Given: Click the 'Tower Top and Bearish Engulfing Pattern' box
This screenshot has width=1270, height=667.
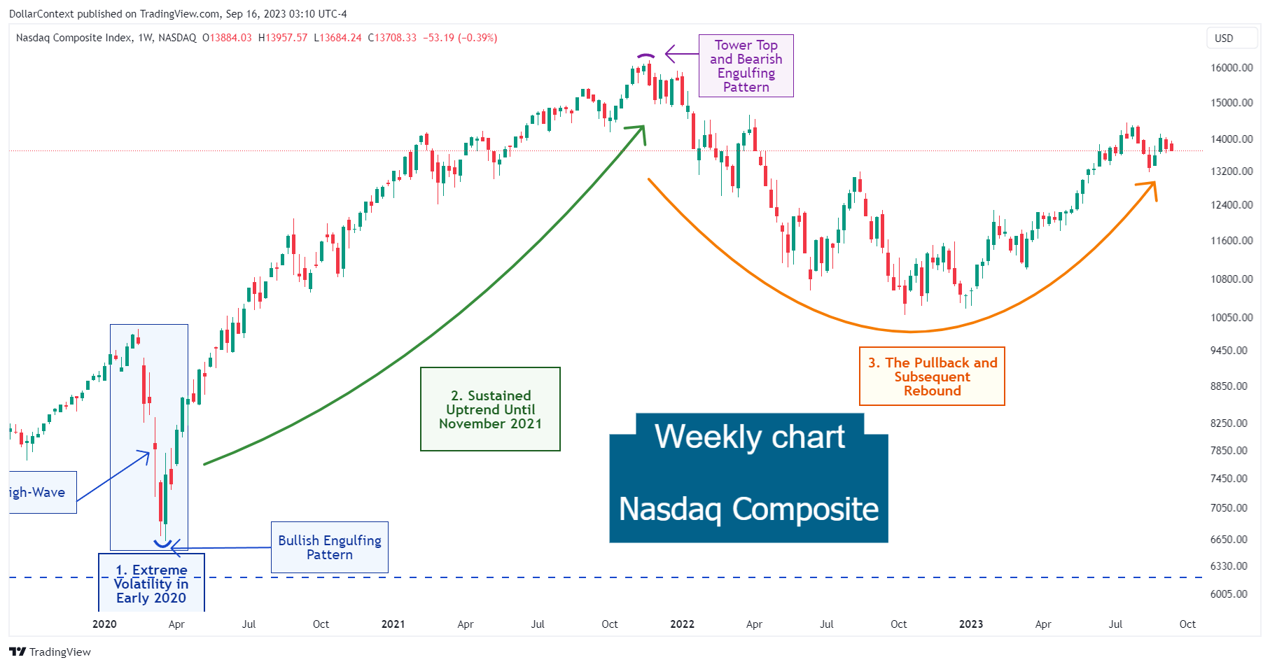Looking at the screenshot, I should pyautogui.click(x=746, y=66).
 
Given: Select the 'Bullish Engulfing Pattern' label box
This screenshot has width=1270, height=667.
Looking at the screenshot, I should pyautogui.click(x=329, y=547).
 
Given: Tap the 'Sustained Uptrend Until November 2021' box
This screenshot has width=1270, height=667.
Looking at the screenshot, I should pyautogui.click(x=490, y=409).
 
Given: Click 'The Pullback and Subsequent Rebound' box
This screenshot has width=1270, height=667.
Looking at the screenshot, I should pyautogui.click(x=932, y=377).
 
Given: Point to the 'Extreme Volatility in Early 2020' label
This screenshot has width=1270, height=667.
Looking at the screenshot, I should pyautogui.click(x=151, y=584).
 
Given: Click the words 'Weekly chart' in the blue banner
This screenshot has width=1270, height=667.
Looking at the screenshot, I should pyautogui.click(x=750, y=437).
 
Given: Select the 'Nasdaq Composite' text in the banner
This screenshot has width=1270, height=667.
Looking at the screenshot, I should pyautogui.click(x=748, y=510).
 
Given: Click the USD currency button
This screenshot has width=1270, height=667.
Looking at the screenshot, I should pyautogui.click(x=1224, y=38).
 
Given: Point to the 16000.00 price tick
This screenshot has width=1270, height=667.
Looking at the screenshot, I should pyautogui.click(x=1231, y=68).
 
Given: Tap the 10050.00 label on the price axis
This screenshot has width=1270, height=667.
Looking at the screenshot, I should pyautogui.click(x=1231, y=318).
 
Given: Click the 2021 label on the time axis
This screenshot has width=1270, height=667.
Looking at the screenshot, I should pyautogui.click(x=393, y=624).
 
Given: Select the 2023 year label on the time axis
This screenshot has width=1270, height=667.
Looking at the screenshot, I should pyautogui.click(x=970, y=624).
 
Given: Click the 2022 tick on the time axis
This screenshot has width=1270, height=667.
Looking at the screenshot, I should pyautogui.click(x=682, y=624).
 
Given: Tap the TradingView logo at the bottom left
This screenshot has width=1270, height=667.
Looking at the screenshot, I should pyautogui.click(x=50, y=652).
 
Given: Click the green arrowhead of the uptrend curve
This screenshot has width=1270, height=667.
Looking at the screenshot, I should pyautogui.click(x=640, y=131).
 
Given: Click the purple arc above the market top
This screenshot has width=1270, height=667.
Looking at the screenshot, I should pyautogui.click(x=646, y=55).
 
